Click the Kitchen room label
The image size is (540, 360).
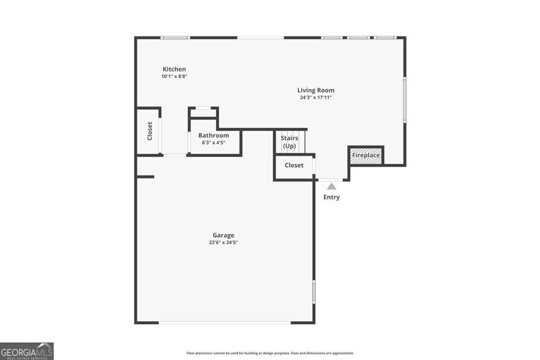(174, 69)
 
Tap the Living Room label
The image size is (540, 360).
(315, 90)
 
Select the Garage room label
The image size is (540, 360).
(223, 236)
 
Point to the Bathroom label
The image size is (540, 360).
(214, 135)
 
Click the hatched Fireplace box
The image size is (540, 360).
(366, 155)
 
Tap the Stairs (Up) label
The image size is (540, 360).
(290, 142)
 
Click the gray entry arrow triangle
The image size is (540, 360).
(331, 186)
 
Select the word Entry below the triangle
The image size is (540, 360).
(331, 197)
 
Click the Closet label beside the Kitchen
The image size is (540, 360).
(150, 131)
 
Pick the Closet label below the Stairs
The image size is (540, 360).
(294, 165)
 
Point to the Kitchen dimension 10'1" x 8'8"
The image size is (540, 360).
(175, 76)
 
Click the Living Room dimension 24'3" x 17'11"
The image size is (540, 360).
(315, 98)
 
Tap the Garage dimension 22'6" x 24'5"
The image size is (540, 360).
(223, 242)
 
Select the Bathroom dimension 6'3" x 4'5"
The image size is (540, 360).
(214, 142)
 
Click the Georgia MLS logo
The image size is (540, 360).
(26, 351)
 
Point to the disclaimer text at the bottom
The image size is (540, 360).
(270, 353)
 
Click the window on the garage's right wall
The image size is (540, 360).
(314, 291)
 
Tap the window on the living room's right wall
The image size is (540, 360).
(404, 100)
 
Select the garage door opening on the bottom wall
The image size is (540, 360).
(224, 322)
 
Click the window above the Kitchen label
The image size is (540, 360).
(175, 37)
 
